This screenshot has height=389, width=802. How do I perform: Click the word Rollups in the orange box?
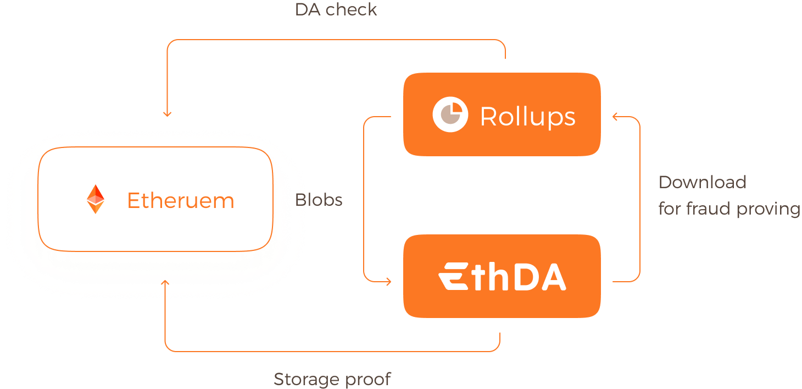pos(527,116)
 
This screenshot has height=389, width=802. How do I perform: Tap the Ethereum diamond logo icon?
pos(96,199)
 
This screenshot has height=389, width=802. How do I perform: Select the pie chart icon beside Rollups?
pos(450,115)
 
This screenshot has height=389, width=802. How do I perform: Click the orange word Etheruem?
pos(181,200)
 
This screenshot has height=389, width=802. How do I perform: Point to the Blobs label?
pos(319,200)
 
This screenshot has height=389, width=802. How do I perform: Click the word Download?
pos(702,182)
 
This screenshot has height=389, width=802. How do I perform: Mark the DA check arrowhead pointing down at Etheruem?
pos(167,114)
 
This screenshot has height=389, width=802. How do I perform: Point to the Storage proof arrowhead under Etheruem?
pos(165,282)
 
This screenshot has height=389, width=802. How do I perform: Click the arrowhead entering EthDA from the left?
pos(388,282)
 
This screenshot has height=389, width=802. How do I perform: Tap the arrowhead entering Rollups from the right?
pos(616,117)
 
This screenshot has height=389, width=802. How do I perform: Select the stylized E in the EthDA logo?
pos(454,277)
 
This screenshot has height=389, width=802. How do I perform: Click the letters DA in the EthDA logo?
pos(542,277)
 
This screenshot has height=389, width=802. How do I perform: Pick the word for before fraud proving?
pos(670,209)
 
